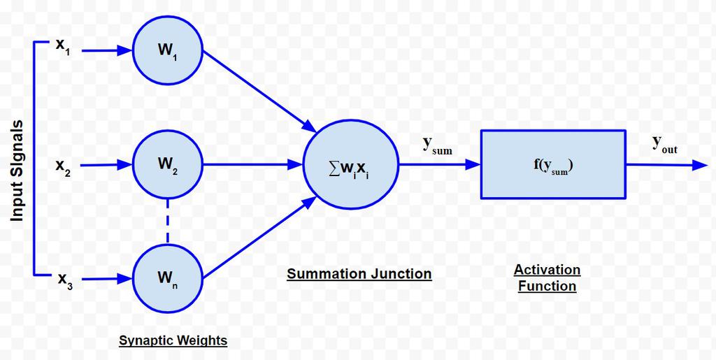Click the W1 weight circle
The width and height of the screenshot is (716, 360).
coord(168,51)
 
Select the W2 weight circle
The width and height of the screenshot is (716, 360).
coord(168,166)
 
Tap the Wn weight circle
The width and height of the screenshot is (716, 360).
coord(168,278)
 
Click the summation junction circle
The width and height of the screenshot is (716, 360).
coord(351,165)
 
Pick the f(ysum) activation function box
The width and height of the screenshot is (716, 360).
coord(552,165)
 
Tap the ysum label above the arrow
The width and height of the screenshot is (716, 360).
coord(436,145)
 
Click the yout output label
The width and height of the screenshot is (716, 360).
coord(664,145)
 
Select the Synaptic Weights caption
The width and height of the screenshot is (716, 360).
coord(173,340)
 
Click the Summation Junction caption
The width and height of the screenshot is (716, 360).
coord(359,273)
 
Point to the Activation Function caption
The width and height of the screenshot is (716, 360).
coord(547,278)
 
